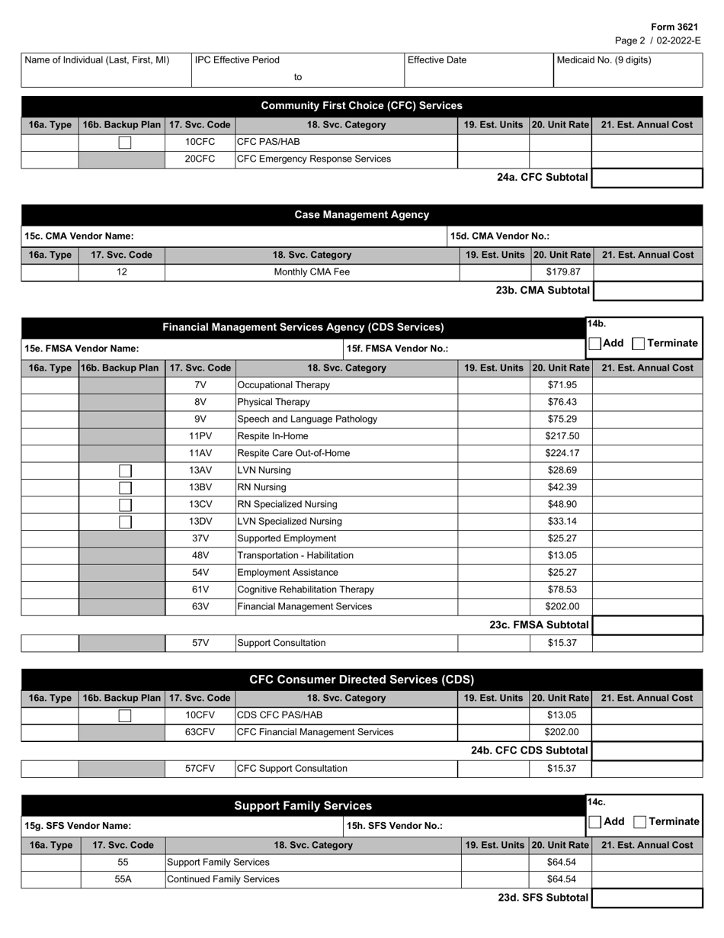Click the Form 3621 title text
[x=674, y=27]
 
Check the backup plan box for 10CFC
[x=125, y=142]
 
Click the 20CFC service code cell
[x=200, y=159]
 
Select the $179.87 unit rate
[x=564, y=271]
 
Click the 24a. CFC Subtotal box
[x=647, y=178]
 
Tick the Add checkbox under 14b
[x=594, y=344]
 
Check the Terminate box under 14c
[x=640, y=822]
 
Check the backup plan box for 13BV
[x=125, y=487]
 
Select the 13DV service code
[x=200, y=522]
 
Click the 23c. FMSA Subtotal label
[x=540, y=625]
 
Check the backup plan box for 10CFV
[x=125, y=715]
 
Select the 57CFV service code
[x=200, y=769]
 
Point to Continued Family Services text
[x=223, y=879]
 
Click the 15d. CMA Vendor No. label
[x=500, y=236]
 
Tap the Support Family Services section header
[x=303, y=805]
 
